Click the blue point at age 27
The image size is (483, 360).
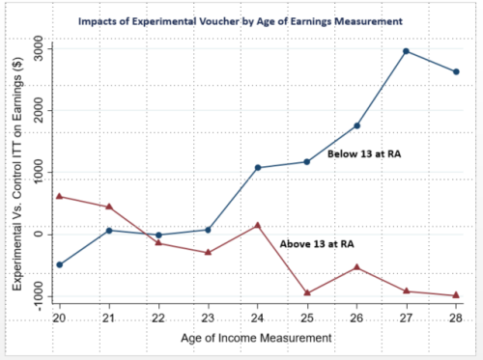(x=407, y=51)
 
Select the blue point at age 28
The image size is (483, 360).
(x=456, y=71)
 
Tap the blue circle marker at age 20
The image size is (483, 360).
(x=59, y=264)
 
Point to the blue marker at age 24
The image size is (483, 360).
(x=258, y=168)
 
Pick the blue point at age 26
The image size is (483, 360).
(x=356, y=125)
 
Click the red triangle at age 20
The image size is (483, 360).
(x=59, y=196)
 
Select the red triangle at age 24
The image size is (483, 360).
(x=258, y=226)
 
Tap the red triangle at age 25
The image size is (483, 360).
(x=307, y=292)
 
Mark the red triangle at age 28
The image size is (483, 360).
(x=456, y=295)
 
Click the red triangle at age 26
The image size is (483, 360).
(x=356, y=267)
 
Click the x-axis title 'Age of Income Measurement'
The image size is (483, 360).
(x=257, y=339)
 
